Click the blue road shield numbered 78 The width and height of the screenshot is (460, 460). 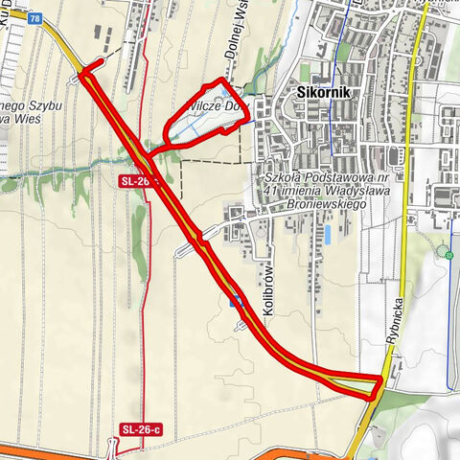click(35, 17)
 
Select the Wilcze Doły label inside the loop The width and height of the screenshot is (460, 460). click(219, 107)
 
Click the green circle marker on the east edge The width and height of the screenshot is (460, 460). click(448, 254)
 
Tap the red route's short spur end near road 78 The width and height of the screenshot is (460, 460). click(84, 70)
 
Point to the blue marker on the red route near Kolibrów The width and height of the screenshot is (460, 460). click(237, 302)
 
